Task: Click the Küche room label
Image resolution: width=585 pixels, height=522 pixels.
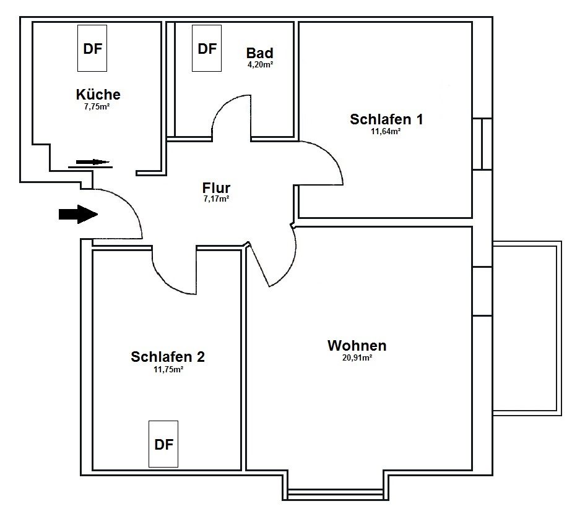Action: click(x=98, y=95)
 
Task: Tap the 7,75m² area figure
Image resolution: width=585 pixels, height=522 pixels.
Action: click(x=97, y=106)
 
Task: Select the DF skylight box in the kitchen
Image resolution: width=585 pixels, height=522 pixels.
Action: click(x=92, y=48)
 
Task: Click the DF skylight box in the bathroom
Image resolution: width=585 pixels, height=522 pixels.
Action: click(x=207, y=48)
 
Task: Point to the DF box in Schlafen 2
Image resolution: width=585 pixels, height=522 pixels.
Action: click(x=163, y=444)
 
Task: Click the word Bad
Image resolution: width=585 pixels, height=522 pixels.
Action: click(x=259, y=53)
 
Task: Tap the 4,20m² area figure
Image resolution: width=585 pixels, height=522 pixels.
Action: click(x=260, y=64)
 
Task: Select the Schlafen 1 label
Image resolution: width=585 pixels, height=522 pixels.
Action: click(x=386, y=119)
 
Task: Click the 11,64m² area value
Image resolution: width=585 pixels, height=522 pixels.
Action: click(x=386, y=131)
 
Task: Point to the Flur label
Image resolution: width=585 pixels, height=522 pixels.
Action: click(x=216, y=187)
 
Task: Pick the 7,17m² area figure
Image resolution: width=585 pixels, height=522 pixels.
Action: click(x=216, y=199)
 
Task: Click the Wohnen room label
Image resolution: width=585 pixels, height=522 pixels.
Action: click(x=357, y=346)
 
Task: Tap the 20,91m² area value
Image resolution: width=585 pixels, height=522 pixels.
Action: click(x=357, y=358)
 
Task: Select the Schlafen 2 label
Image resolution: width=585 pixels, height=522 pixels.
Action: click(x=168, y=357)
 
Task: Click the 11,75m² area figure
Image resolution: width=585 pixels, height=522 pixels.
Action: click(x=168, y=369)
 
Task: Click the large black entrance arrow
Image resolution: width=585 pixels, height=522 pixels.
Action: click(x=79, y=215)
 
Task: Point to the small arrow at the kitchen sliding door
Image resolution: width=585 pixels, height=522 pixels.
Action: click(x=93, y=162)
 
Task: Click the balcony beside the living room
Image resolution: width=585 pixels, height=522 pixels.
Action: click(x=527, y=328)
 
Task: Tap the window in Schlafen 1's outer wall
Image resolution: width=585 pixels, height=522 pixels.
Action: click(x=482, y=144)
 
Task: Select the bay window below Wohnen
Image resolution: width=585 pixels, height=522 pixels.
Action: click(x=336, y=494)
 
